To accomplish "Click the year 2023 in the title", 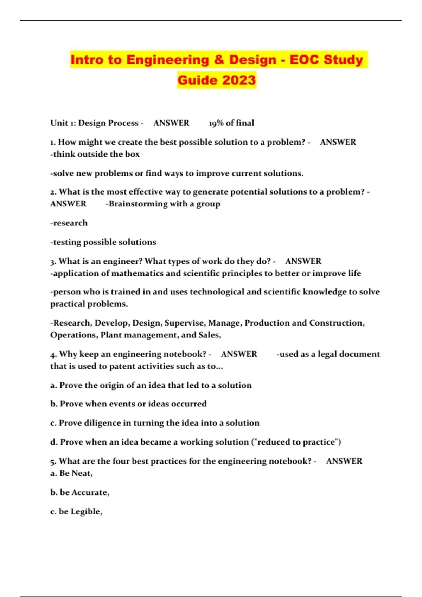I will tap(238, 80).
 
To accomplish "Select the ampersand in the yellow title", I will tap(218, 60).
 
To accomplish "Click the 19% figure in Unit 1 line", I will tap(216, 123).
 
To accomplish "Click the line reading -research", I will tap(69, 223).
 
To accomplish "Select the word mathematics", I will tap(137, 273).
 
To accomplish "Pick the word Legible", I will tap(86, 512).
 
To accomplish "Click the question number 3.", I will tap(53, 261).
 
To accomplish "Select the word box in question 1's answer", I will tap(132, 154).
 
